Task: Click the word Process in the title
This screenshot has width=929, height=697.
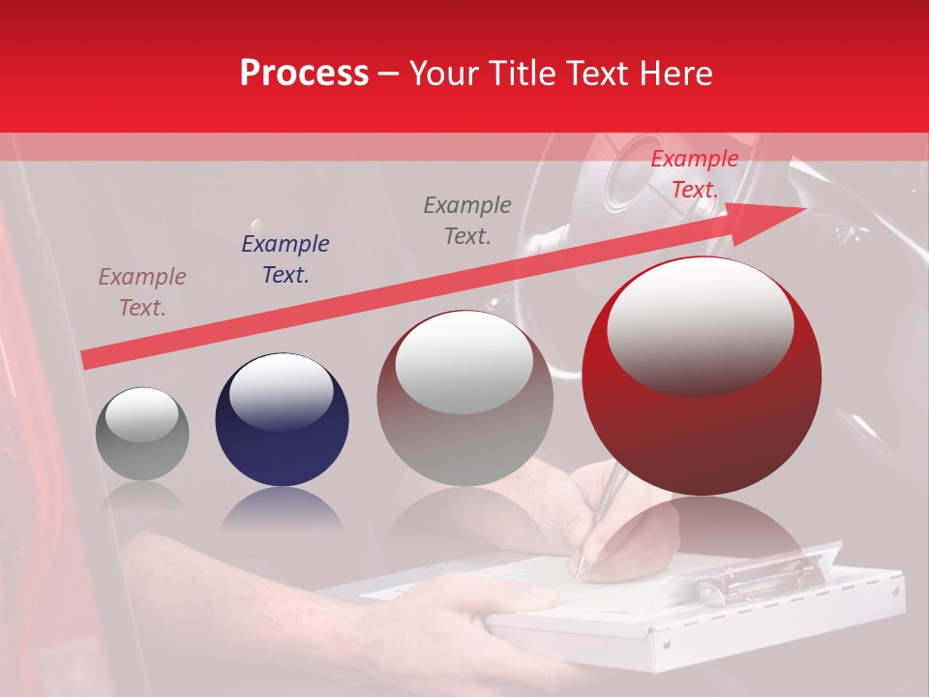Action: [304, 74]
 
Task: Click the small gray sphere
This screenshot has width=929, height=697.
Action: [142, 434]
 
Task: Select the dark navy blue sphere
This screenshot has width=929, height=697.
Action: [282, 420]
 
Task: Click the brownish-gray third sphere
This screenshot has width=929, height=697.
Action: [464, 399]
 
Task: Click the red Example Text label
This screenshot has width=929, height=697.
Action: [694, 174]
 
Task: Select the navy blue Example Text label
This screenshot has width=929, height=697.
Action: [285, 259]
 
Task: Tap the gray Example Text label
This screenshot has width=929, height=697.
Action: [467, 220]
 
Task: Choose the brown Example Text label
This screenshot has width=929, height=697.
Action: [142, 292]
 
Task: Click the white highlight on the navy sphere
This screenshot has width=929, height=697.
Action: [281, 391]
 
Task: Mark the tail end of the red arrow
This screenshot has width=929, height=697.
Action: [87, 359]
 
